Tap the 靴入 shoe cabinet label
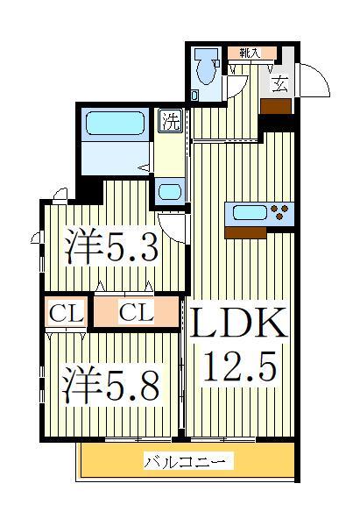click(x=245, y=52)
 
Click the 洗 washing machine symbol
click(x=170, y=120)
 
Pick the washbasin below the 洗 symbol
click(x=170, y=190)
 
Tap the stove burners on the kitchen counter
click(x=282, y=212)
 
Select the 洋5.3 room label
click(x=112, y=248)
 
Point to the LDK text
click(x=234, y=324)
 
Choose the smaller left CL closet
click(x=65, y=312)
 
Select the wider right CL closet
click(x=135, y=312)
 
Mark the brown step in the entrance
click(x=277, y=105)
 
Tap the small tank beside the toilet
click(x=195, y=91)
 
